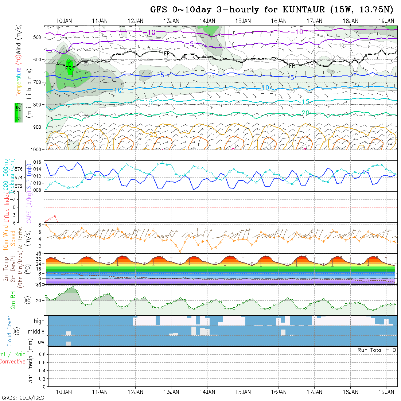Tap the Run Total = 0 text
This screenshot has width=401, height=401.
pyautogui.click(x=377, y=350)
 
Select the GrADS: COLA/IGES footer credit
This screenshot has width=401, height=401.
pyautogui.click(x=23, y=397)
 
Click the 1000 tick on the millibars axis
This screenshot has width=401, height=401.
pyautogui.click(x=37, y=149)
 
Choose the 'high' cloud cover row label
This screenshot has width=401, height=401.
pyautogui.click(x=39, y=321)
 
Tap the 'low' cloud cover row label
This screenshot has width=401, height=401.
pyautogui.click(x=40, y=342)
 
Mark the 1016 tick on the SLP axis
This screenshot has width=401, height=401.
pyautogui.click(x=38, y=162)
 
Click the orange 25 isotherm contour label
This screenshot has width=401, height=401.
pyautogui.click(x=153, y=135)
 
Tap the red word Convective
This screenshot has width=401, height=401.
pyautogui.click(x=12, y=362)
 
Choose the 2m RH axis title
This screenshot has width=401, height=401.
pyautogui.click(x=13, y=300)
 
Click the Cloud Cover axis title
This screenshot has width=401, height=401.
pyautogui.click(x=9, y=331)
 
